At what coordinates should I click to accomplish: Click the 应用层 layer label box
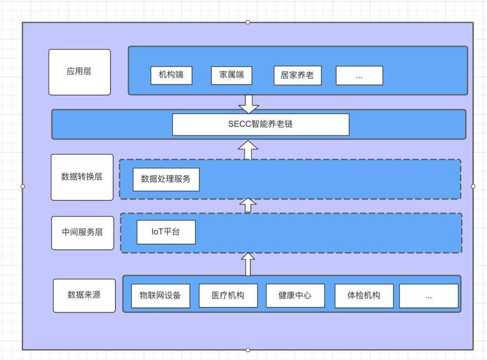click(x=79, y=72)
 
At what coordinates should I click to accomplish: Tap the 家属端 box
click(x=231, y=76)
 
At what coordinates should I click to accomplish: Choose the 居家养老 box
click(x=297, y=76)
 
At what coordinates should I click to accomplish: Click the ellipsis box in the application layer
click(x=359, y=76)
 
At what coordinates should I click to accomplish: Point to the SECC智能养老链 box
click(x=261, y=124)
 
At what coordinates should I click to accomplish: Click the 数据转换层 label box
click(x=82, y=177)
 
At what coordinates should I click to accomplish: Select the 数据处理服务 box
click(x=166, y=179)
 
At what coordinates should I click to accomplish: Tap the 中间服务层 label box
click(x=82, y=233)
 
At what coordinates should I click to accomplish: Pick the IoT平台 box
click(x=166, y=233)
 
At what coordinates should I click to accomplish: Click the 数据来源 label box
click(x=84, y=295)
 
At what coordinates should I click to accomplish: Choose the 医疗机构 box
click(x=228, y=296)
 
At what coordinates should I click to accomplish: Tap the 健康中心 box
click(x=295, y=296)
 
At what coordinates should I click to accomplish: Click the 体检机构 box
click(x=364, y=296)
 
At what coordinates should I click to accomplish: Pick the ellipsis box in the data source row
click(x=429, y=296)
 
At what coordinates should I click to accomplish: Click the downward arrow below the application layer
click(x=249, y=104)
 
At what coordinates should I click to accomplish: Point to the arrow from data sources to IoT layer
click(x=248, y=264)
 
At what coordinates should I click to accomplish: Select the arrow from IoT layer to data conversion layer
click(x=248, y=205)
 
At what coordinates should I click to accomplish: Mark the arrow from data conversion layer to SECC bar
click(x=248, y=150)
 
